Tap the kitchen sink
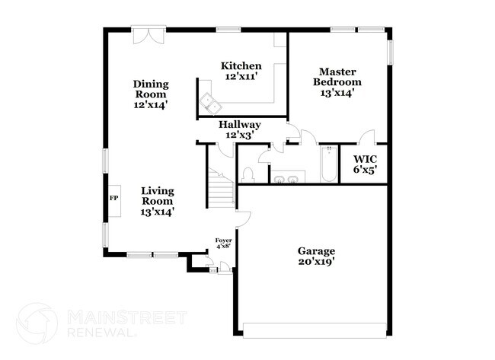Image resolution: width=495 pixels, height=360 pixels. [x=208, y=101]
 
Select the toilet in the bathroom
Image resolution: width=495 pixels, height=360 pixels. [x=247, y=175]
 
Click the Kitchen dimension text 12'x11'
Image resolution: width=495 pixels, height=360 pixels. [x=241, y=78]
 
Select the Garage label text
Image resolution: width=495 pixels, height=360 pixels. [x=316, y=250]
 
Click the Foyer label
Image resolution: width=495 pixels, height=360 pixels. [x=224, y=241]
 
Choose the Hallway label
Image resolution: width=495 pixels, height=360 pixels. [x=240, y=124]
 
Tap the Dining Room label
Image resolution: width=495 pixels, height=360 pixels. [x=150, y=89]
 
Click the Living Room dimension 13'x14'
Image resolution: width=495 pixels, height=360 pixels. [x=158, y=212]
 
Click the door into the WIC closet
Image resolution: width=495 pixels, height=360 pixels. [x=368, y=137]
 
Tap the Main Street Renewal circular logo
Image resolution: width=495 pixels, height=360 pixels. [x=37, y=323]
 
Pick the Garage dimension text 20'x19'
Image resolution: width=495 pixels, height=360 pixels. [x=316, y=262]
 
